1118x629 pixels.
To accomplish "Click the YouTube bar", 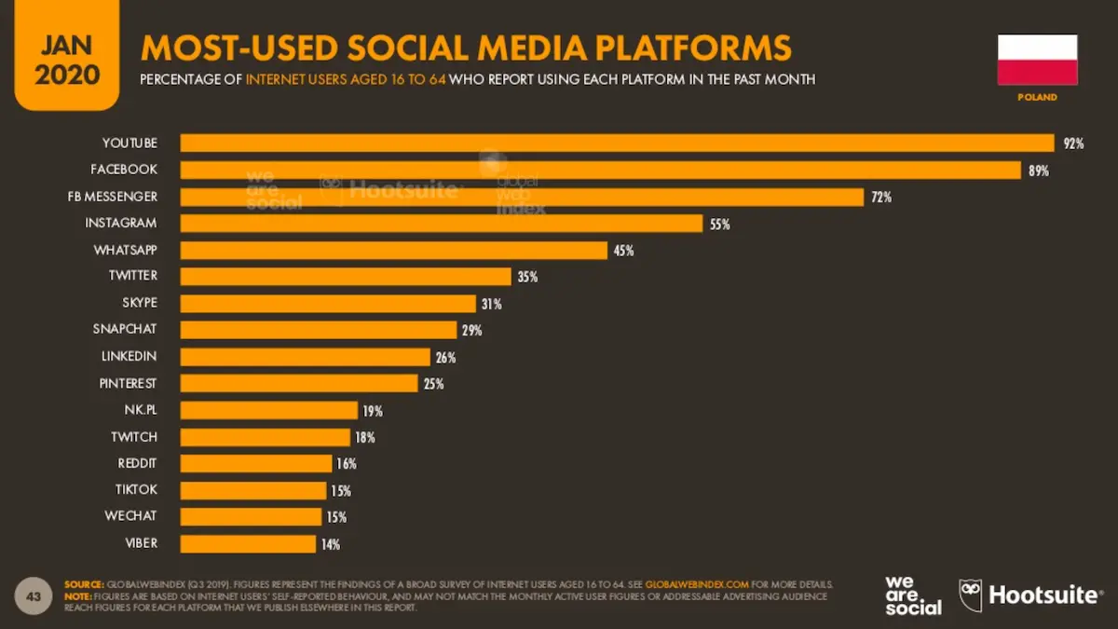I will pyautogui.click(x=617, y=143).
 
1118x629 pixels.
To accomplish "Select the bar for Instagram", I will pyautogui.click(x=441, y=224).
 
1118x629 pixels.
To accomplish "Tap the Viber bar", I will pyautogui.click(x=248, y=543).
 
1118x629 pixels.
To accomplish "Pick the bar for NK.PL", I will pyautogui.click(x=268, y=410).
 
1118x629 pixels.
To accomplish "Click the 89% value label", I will pyautogui.click(x=1039, y=171).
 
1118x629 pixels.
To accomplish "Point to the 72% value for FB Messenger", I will pyautogui.click(x=881, y=198).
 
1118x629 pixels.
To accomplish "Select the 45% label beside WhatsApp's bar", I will pyautogui.click(x=623, y=251).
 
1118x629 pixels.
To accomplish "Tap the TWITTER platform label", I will pyautogui.click(x=132, y=276).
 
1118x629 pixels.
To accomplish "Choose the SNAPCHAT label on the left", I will pyautogui.click(x=125, y=329).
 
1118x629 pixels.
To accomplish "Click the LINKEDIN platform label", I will pyautogui.click(x=129, y=356).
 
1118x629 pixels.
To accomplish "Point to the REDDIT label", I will pyautogui.click(x=137, y=463).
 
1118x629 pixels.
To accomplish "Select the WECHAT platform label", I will pyautogui.click(x=131, y=516).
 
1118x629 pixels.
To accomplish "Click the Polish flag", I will pyautogui.click(x=1037, y=60).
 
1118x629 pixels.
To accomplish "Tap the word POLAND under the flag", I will pyautogui.click(x=1037, y=97).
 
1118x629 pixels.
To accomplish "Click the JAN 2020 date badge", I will pyautogui.click(x=67, y=58).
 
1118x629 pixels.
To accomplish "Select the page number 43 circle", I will pyautogui.click(x=34, y=595).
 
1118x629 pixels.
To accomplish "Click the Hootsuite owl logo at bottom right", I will pyautogui.click(x=971, y=595).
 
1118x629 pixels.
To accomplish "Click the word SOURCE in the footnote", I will pyautogui.click(x=85, y=583).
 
